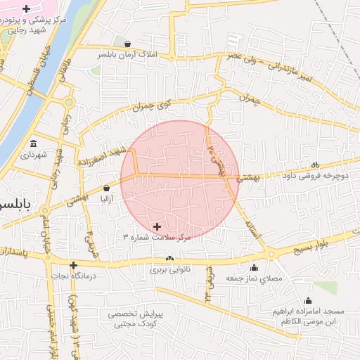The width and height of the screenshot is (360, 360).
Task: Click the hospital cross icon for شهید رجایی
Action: pos(26,9)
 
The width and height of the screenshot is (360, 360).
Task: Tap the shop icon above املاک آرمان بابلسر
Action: pos(127,43)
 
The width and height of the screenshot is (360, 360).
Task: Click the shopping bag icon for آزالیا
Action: pos(106,188)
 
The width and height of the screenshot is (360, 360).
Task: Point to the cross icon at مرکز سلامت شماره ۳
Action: pos(156,226)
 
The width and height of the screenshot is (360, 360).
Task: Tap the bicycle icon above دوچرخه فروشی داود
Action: pos(314,165)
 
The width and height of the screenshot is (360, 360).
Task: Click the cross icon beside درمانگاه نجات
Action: pos(73,265)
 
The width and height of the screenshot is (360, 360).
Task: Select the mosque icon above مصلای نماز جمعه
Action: pos(254,267)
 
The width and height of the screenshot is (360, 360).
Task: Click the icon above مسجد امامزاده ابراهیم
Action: pos(308,300)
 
